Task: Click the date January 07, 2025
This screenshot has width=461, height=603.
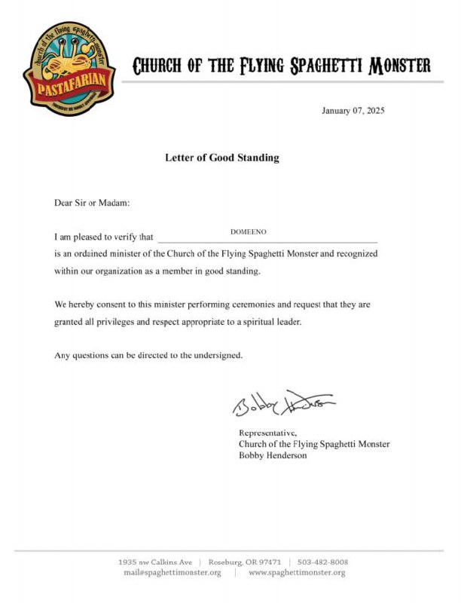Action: click(353, 111)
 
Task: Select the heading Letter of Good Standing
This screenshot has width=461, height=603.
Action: click(222, 158)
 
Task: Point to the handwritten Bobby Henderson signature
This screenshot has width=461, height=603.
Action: click(283, 405)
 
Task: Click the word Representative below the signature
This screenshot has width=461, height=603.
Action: click(267, 433)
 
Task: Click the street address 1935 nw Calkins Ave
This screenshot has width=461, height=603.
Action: click(155, 562)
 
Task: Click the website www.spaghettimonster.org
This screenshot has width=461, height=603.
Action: click(297, 573)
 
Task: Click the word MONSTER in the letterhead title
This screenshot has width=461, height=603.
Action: click(398, 66)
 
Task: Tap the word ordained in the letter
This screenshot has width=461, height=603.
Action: click(94, 254)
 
